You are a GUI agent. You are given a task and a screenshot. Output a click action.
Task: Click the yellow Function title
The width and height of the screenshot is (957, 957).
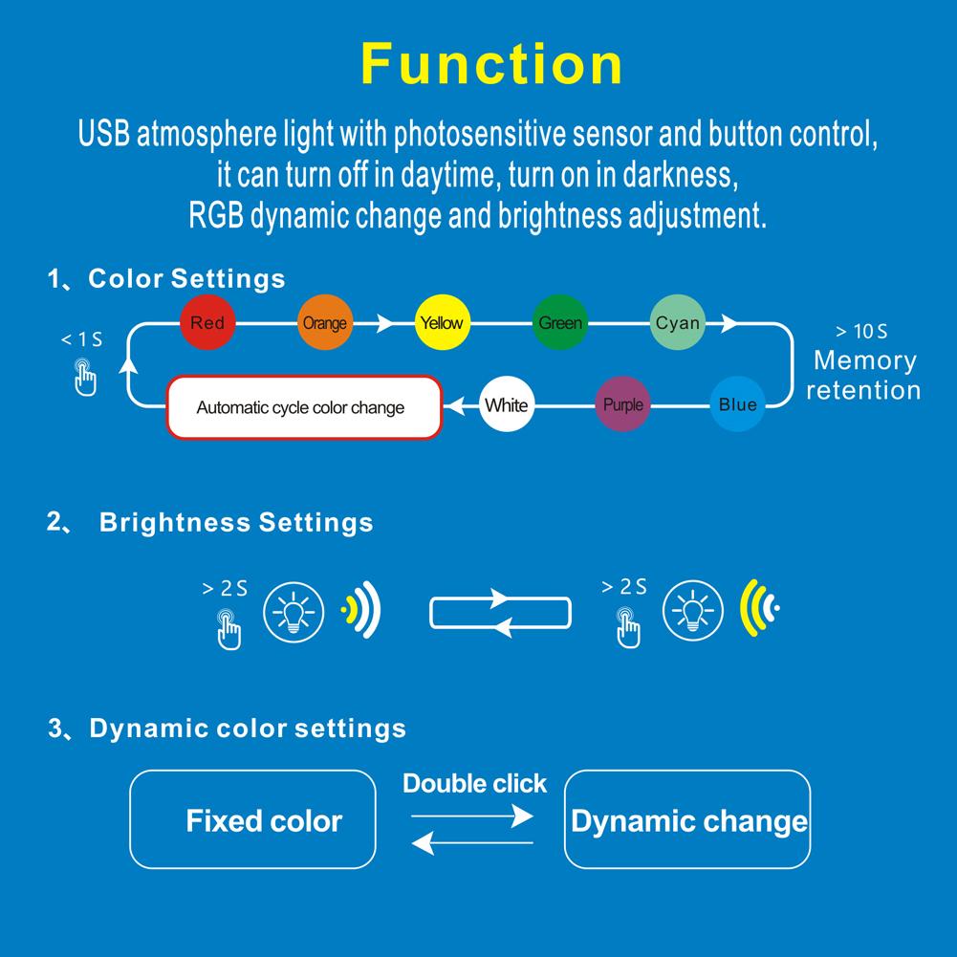tap(491, 65)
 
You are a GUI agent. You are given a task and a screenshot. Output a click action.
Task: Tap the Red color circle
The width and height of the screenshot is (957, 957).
tap(207, 323)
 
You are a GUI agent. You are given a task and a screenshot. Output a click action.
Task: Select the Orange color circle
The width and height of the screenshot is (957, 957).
tap(324, 323)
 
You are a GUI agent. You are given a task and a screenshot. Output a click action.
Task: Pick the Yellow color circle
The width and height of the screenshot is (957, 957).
tap(441, 323)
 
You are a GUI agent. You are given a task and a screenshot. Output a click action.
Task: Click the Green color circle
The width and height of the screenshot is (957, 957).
tap(559, 323)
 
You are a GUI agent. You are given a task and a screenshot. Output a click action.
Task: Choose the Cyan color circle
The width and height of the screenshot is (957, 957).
tap(677, 323)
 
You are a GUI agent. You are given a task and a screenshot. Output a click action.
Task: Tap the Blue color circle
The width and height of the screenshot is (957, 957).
tap(737, 404)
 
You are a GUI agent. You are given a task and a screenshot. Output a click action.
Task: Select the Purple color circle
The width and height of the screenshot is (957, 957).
tap(622, 404)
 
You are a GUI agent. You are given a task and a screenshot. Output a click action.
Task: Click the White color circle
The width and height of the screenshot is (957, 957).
tap(506, 404)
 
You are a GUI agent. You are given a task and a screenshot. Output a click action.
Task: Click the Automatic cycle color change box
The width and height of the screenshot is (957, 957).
tap(304, 408)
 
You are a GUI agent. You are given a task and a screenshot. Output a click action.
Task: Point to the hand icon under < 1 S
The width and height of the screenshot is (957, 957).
tap(86, 378)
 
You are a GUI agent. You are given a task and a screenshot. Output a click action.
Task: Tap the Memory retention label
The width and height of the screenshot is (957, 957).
tap(863, 375)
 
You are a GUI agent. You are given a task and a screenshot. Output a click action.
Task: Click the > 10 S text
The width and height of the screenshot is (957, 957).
tap(861, 332)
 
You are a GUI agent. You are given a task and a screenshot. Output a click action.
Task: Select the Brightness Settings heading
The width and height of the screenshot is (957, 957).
tap(235, 523)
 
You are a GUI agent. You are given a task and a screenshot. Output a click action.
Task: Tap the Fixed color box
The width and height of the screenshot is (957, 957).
tap(252, 819)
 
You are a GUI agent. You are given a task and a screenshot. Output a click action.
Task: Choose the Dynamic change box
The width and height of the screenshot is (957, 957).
tap(688, 820)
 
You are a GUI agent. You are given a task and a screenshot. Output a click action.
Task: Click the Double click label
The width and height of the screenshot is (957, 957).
tap(474, 784)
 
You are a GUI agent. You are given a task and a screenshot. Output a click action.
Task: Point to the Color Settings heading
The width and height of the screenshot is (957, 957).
tap(186, 278)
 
